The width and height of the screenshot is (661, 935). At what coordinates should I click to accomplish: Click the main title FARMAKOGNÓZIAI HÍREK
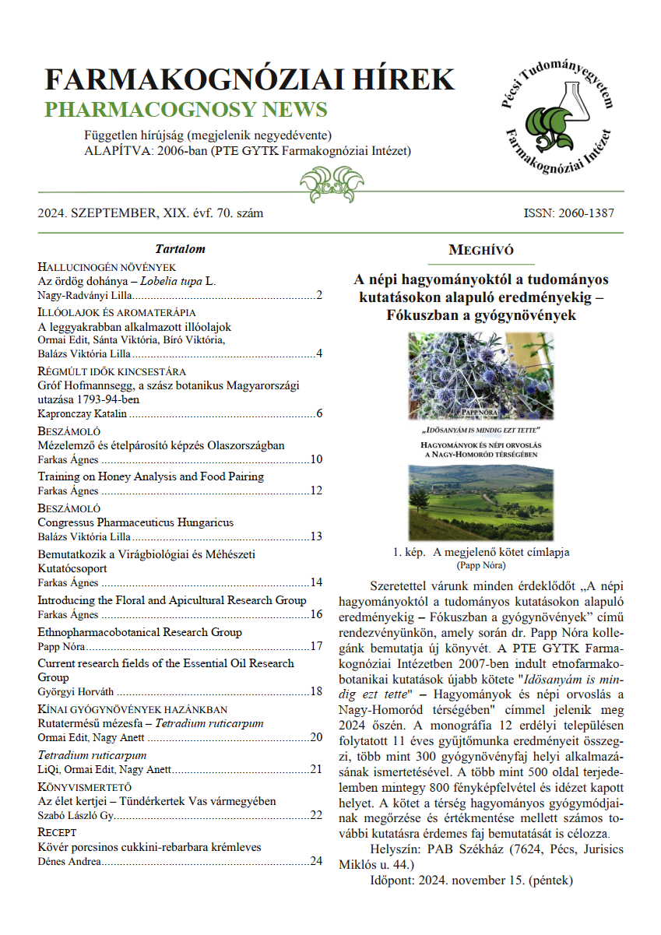(x=249, y=80)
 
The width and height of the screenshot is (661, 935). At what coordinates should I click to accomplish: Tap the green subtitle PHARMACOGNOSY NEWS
(x=185, y=109)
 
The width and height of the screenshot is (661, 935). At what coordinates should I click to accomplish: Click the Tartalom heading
(x=180, y=249)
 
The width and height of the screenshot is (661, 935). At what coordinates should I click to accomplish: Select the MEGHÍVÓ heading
(x=481, y=250)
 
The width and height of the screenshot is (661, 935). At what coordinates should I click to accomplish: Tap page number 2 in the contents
(x=319, y=297)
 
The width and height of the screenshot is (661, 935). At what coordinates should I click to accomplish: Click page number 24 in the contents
(x=316, y=861)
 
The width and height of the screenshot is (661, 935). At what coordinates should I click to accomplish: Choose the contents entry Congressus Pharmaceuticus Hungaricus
(x=135, y=522)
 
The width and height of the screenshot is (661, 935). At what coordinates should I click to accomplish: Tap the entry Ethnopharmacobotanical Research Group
(x=139, y=632)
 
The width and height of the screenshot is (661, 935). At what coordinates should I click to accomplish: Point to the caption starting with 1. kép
(x=481, y=552)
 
